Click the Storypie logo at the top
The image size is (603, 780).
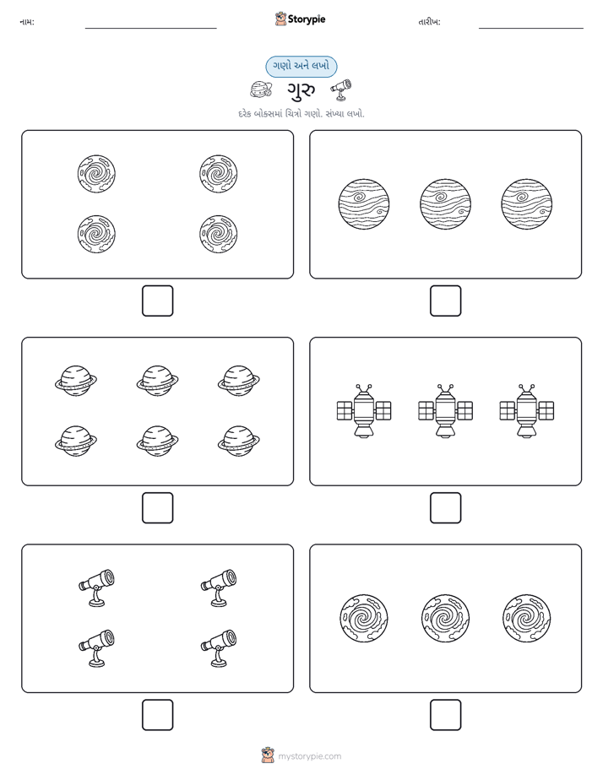[300, 19]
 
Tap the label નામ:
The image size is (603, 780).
[27, 22]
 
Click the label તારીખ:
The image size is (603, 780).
[429, 22]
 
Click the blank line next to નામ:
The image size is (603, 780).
[150, 28]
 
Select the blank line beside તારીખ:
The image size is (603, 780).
[531, 28]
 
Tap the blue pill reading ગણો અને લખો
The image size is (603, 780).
[301, 66]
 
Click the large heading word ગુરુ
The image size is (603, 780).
[301, 90]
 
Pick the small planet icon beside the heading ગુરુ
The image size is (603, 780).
[261, 90]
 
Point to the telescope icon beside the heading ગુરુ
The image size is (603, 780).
[341, 89]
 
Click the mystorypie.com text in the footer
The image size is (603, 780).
[309, 756]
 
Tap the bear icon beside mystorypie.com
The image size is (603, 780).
[268, 756]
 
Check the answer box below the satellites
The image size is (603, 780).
[445, 508]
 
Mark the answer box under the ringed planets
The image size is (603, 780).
[158, 508]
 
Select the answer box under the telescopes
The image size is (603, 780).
[158, 715]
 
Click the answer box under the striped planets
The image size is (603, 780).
[445, 301]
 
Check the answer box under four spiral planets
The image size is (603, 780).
[158, 301]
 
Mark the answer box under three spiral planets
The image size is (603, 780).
[445, 715]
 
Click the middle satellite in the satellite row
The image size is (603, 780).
[445, 411]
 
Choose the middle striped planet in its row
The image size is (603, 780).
[445, 204]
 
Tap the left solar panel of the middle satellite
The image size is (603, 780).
[426, 411]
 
